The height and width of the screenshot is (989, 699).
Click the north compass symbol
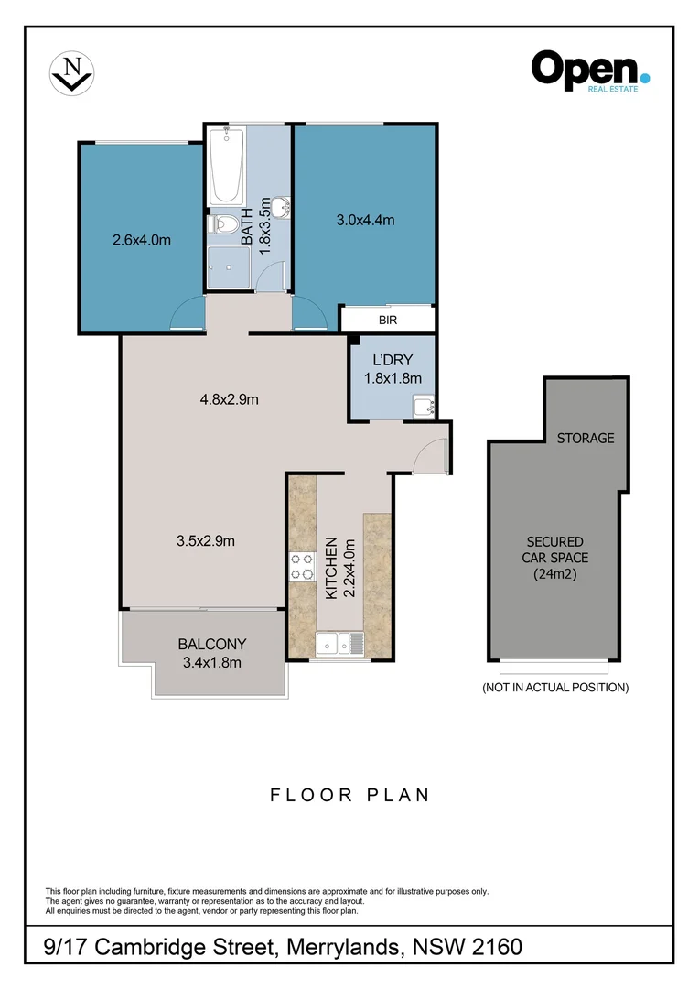click(70, 72)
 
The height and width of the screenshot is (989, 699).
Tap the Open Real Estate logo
click(590, 71)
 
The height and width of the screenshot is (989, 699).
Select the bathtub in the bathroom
click(226, 166)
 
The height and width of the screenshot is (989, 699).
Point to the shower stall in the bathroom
click(227, 266)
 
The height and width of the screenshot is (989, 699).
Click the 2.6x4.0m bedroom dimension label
click(142, 241)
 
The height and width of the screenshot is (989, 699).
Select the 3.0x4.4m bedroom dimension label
click(364, 220)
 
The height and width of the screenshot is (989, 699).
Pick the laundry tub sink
click(424, 405)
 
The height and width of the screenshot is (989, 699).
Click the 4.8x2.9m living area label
click(231, 399)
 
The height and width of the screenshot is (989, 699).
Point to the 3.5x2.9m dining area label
click(206, 540)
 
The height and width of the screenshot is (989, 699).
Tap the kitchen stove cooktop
click(301, 567)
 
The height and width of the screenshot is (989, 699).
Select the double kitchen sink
click(339, 643)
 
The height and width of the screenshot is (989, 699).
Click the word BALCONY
click(212, 644)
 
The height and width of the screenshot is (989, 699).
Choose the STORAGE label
click(586, 439)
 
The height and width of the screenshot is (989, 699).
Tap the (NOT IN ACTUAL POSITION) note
click(555, 687)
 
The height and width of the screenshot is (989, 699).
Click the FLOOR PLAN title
click(349, 794)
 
